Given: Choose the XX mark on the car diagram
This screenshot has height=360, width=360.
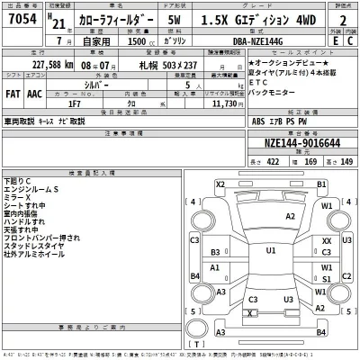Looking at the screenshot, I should coord(327,241).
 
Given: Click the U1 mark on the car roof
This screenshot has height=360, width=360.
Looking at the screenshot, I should coord(271,252).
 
